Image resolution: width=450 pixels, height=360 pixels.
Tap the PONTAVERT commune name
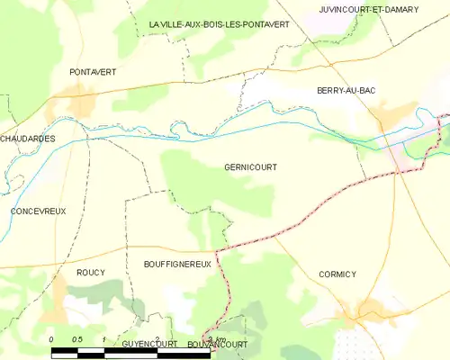tap(93, 71)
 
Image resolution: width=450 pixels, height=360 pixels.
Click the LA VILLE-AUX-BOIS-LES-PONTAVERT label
tap(219, 24)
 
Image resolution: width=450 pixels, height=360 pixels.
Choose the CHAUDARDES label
tap(28, 139)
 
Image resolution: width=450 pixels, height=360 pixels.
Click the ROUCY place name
tap(90, 272)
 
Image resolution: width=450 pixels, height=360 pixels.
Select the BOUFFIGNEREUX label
tap(177, 265)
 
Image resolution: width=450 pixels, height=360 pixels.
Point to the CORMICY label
tap(337, 274)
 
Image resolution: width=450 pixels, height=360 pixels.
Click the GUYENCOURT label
tap(147, 344)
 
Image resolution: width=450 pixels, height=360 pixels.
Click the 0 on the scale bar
tap(52, 339)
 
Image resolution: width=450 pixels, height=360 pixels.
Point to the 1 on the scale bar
tap(104, 339)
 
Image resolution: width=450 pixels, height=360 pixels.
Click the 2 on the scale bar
tap(157, 339)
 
